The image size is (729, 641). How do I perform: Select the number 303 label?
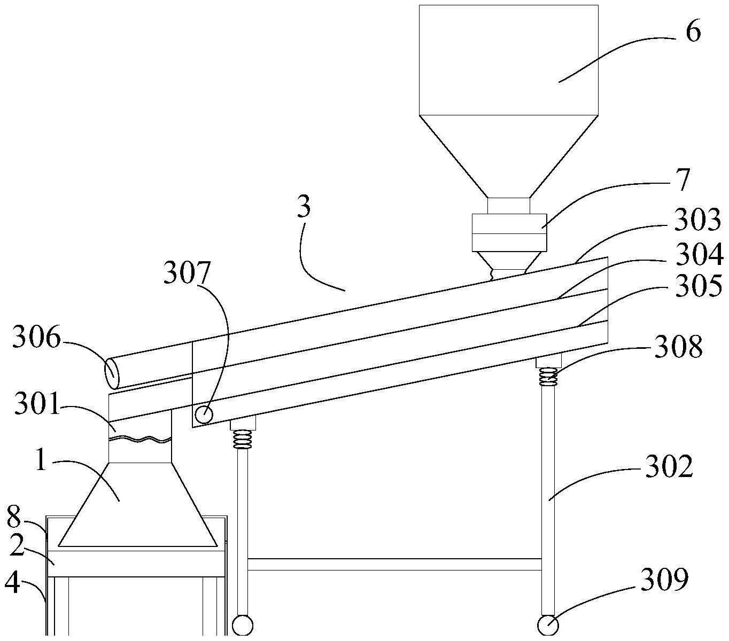point(697,220)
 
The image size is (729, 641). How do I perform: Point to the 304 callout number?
point(699,254)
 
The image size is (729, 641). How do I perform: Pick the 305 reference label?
point(699,286)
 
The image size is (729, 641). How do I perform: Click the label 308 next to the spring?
point(678,346)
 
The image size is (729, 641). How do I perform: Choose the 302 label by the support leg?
point(669,466)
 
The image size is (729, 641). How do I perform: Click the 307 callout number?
point(187,272)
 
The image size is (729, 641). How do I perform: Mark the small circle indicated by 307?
point(204,415)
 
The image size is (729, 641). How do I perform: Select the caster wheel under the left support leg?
point(243,626)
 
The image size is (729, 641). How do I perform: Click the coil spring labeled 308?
point(548,377)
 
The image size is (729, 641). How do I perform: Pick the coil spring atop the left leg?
point(243,439)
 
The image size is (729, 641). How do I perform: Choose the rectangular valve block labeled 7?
point(509,232)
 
